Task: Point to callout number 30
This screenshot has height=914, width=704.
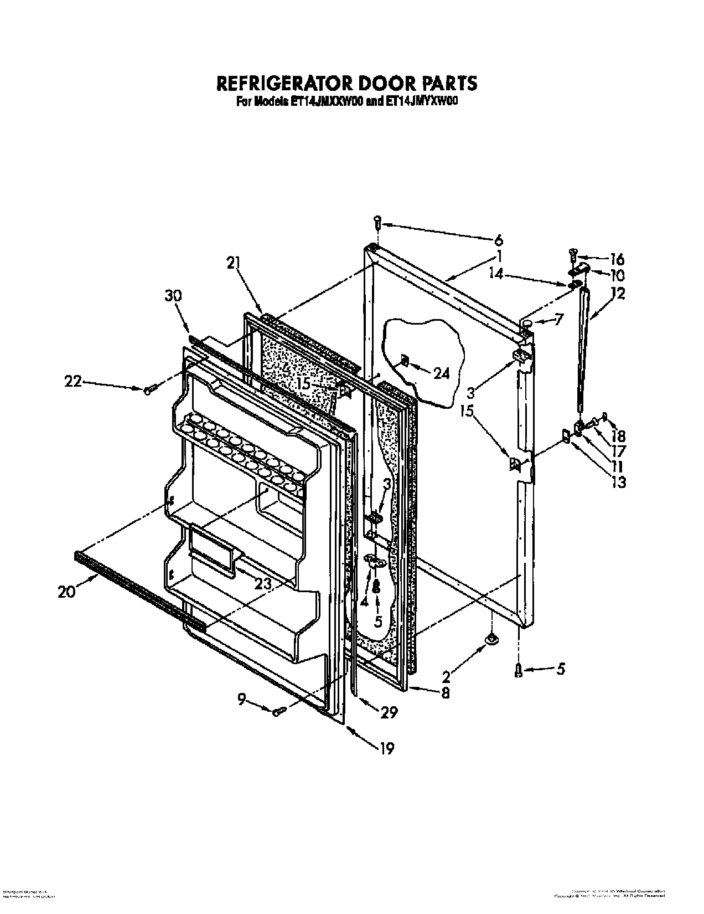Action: click(x=173, y=296)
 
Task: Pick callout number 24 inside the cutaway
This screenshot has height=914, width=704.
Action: click(x=441, y=374)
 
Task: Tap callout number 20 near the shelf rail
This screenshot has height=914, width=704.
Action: click(x=66, y=592)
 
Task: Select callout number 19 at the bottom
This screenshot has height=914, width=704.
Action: click(x=387, y=748)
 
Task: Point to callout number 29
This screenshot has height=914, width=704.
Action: click(x=389, y=712)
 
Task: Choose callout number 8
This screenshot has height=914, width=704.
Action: click(x=446, y=692)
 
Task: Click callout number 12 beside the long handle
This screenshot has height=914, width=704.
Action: click(x=618, y=294)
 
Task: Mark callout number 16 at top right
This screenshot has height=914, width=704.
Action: click(x=617, y=259)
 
